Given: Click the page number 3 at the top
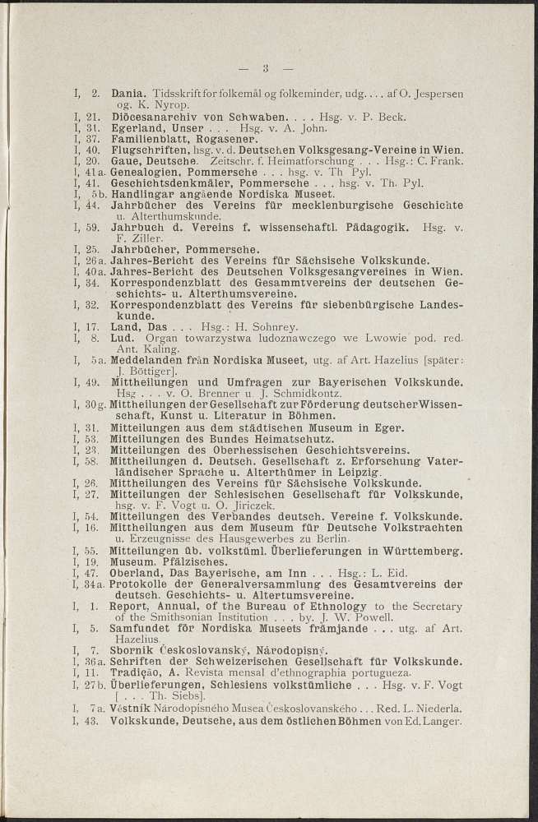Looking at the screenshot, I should click(266, 68).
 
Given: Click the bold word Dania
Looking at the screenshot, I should click(128, 95).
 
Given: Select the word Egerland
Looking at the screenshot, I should click(137, 128).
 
